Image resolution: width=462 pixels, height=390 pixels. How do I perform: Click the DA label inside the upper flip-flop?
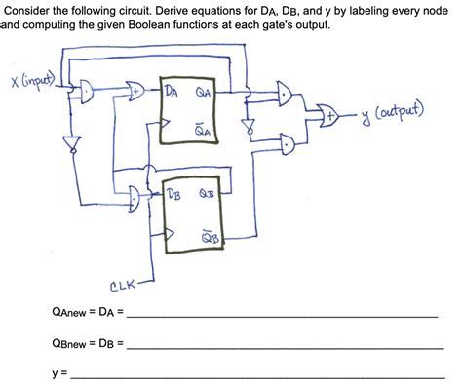click(x=172, y=94)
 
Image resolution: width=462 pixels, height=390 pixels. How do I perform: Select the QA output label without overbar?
click(x=203, y=94)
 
